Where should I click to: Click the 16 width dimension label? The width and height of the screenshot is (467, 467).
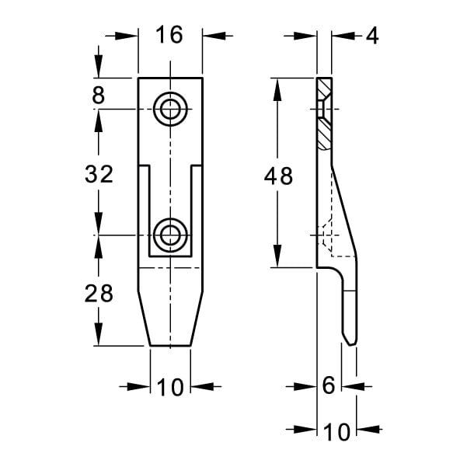(169, 34)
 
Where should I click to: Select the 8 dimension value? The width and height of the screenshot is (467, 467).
(98, 96)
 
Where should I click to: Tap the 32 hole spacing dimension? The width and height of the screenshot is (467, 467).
(99, 174)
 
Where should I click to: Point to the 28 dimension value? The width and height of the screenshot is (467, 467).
(99, 294)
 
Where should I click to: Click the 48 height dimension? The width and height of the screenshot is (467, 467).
(278, 176)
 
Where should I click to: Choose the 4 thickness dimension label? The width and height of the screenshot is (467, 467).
(372, 36)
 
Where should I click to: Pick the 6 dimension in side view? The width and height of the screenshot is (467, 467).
(328, 385)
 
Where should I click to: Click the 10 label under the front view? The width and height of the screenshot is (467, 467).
(170, 387)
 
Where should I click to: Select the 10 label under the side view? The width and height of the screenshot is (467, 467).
(336, 432)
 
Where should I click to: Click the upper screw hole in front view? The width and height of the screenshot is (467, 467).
(170, 110)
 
